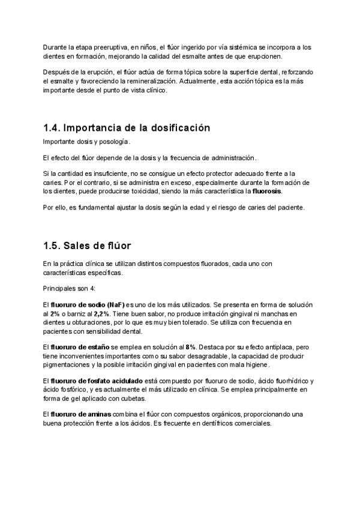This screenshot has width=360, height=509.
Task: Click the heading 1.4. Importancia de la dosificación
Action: pos(127,128)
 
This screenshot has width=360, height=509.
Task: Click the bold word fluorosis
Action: pos(267,191)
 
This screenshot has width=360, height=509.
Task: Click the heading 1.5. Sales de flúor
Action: pos(87,246)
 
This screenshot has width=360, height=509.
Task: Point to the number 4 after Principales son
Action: pos(86,289)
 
